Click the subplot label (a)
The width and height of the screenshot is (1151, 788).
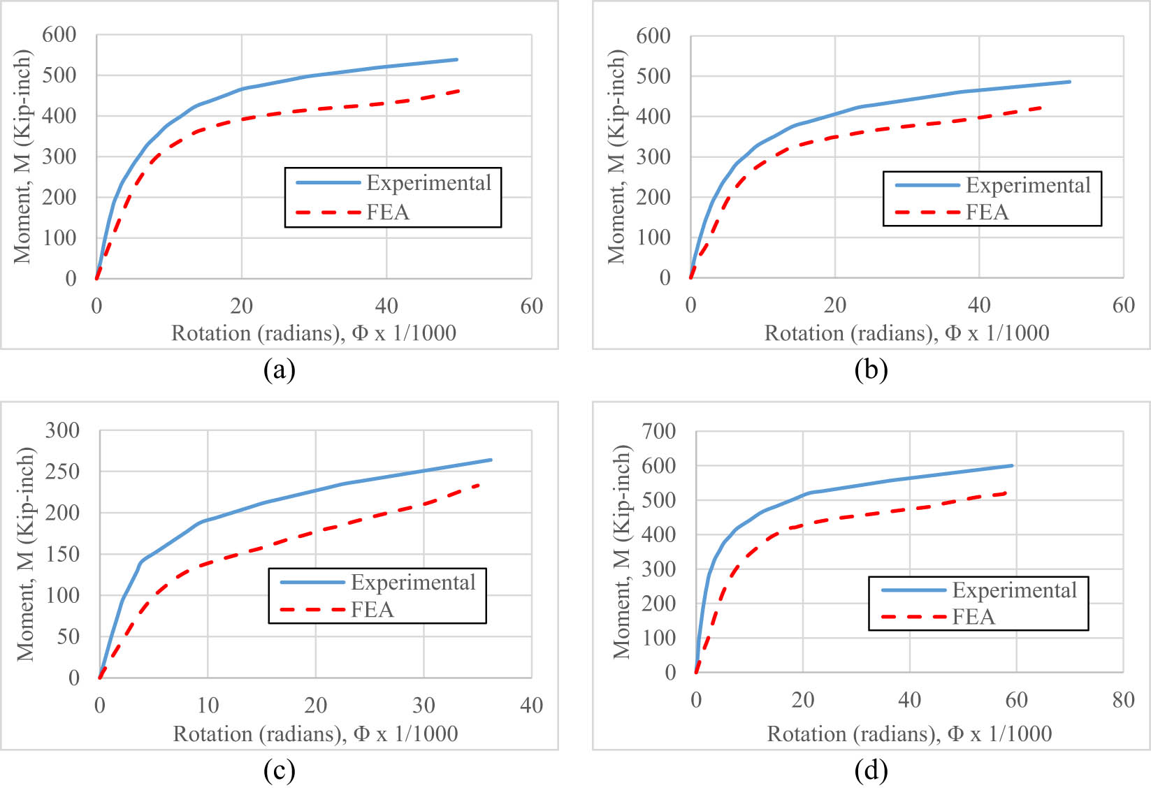click(279, 370)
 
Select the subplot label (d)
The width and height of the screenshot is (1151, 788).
click(871, 771)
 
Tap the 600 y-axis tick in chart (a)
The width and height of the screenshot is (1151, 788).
click(59, 35)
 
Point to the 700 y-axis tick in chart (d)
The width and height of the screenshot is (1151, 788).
click(658, 431)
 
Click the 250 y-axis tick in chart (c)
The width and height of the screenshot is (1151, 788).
click(62, 472)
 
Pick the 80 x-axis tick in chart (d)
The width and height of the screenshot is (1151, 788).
click(1123, 700)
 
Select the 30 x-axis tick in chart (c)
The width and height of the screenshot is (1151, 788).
click(424, 706)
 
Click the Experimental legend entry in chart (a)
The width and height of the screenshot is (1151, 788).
click(428, 183)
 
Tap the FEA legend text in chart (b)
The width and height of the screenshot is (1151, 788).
click(987, 212)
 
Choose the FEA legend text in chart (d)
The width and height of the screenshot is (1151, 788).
click(973, 617)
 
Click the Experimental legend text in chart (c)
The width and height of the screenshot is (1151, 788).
click(413, 583)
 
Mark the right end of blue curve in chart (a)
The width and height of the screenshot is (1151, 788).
click(457, 59)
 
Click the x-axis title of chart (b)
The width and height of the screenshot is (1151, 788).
click(906, 333)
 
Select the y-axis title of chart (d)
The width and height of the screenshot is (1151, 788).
click(621, 552)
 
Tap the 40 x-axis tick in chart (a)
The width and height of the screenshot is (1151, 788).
click(386, 306)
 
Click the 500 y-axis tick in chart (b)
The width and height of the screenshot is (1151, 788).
click(653, 76)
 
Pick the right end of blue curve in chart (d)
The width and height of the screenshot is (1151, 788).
click(1012, 465)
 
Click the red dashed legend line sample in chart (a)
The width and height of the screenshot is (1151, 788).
click(328, 212)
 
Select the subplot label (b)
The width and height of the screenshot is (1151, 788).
click(871, 370)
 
